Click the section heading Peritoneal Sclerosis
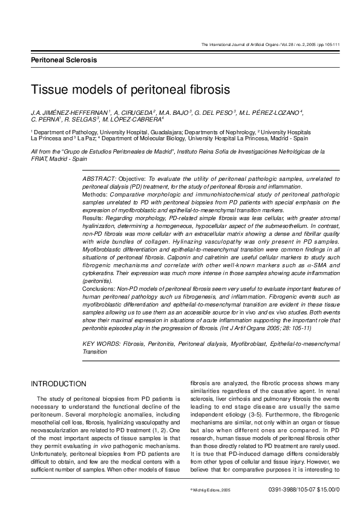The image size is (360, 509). [x=64, y=60]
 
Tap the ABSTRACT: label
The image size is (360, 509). [x=99, y=180]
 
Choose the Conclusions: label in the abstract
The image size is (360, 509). [x=101, y=289]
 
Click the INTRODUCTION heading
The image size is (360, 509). [x=58, y=384]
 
